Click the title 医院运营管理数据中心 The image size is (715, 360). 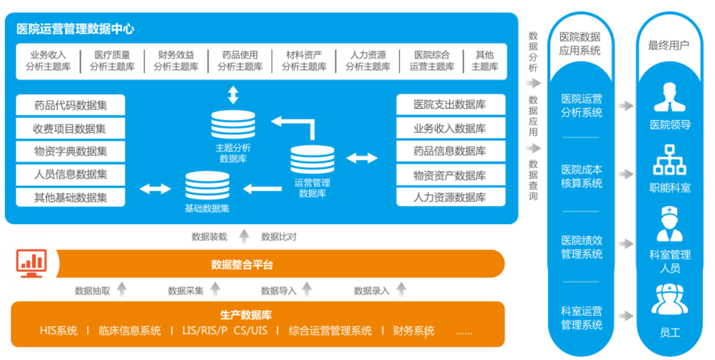(x=75, y=28)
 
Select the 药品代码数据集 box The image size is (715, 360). (x=71, y=105)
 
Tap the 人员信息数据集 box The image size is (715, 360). (x=71, y=175)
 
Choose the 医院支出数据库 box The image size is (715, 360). (x=450, y=104)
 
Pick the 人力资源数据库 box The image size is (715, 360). (x=450, y=198)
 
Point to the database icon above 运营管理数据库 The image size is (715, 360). (x=312, y=159)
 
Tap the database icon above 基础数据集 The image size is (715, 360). (x=207, y=186)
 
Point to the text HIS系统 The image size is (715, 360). (x=58, y=330)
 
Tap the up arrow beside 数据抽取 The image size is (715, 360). (x=122, y=290)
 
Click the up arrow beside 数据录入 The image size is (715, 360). (x=401, y=290)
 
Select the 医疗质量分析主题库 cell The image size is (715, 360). (x=112, y=60)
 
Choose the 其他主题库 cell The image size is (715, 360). (x=485, y=60)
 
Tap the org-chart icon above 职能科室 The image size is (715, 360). (x=670, y=159)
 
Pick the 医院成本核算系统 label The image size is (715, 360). (x=581, y=176)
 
